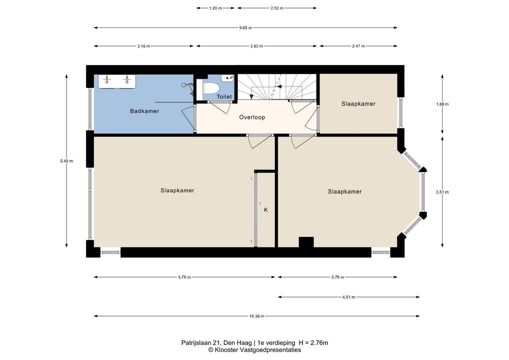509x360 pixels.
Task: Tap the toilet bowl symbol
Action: point(211,87)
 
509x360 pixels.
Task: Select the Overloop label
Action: point(252,117)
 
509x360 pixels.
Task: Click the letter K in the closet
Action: point(266,210)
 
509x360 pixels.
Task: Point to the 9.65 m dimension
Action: point(245,28)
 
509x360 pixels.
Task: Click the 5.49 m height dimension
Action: point(66,161)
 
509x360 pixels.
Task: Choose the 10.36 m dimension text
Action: point(257,316)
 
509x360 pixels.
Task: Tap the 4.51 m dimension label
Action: point(348,297)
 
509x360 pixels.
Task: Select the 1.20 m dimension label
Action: point(215,8)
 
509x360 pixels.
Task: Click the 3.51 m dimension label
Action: point(442,192)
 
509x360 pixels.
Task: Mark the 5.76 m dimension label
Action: point(184,277)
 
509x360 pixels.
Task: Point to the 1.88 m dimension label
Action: point(442,104)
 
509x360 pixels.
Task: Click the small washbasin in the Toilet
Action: point(227,78)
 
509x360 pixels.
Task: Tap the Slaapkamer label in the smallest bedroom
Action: point(358,104)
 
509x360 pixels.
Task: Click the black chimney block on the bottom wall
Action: point(306,242)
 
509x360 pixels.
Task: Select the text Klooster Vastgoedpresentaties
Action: point(257,350)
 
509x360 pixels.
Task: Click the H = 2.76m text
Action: point(313,343)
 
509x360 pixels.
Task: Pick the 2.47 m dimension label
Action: point(358,46)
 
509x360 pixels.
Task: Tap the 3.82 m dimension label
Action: point(256,46)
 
